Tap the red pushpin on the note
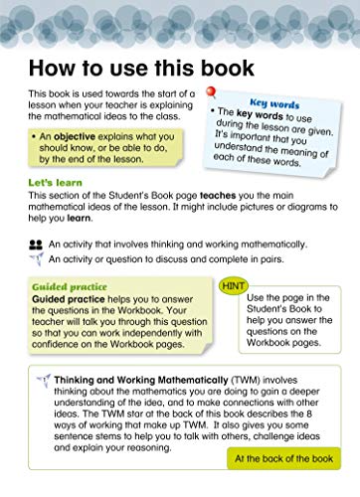pyautogui.click(x=210, y=93)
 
